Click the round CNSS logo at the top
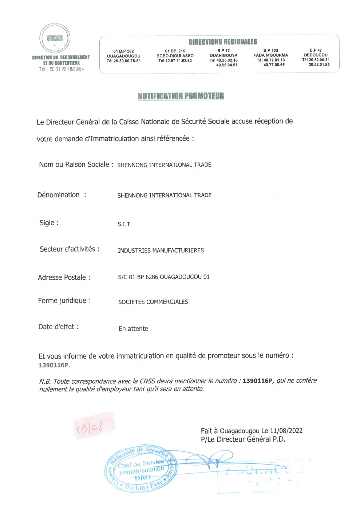[55, 38]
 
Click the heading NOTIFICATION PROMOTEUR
[181, 96]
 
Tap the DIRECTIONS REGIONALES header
[223, 42]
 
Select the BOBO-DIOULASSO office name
[175, 56]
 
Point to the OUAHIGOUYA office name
[223, 55]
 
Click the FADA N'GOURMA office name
[270, 55]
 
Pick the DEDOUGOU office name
[316, 55]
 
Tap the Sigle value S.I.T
[124, 224]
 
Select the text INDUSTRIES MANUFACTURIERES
[161, 250]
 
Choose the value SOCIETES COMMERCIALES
[153, 302]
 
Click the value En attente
[133, 329]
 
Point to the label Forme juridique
[63, 301]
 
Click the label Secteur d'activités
[69, 249]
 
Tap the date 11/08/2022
[286, 431]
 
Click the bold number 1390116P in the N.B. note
[257, 381]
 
